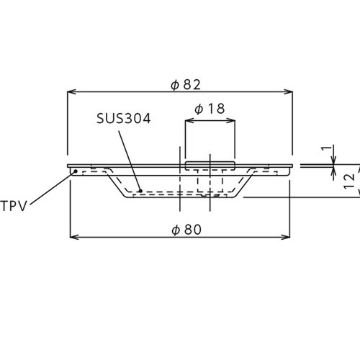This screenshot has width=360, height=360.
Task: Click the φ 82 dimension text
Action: point(186,84)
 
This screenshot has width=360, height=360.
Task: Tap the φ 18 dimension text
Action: point(210,109)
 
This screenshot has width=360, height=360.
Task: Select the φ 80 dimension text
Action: point(186,230)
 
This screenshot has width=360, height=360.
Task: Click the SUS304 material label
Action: point(124,118)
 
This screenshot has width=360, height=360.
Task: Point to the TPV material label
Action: point(14,206)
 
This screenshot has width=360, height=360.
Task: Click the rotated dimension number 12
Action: point(349,181)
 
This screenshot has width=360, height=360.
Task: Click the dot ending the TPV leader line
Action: point(76,171)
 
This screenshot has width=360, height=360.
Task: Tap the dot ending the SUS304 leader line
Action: point(140,191)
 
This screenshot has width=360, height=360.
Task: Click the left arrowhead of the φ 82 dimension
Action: point(71,91)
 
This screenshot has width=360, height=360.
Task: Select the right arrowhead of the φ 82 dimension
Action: point(288,91)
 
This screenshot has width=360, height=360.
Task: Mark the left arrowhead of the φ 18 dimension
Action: point(189,120)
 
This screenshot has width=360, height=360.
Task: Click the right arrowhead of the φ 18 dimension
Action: point(230,120)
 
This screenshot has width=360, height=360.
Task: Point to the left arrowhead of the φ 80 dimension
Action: point(74,237)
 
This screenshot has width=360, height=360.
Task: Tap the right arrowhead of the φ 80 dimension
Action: point(286,237)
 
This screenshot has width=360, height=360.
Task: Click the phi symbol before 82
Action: point(175,85)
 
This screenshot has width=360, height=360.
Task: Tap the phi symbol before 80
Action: point(176,230)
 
